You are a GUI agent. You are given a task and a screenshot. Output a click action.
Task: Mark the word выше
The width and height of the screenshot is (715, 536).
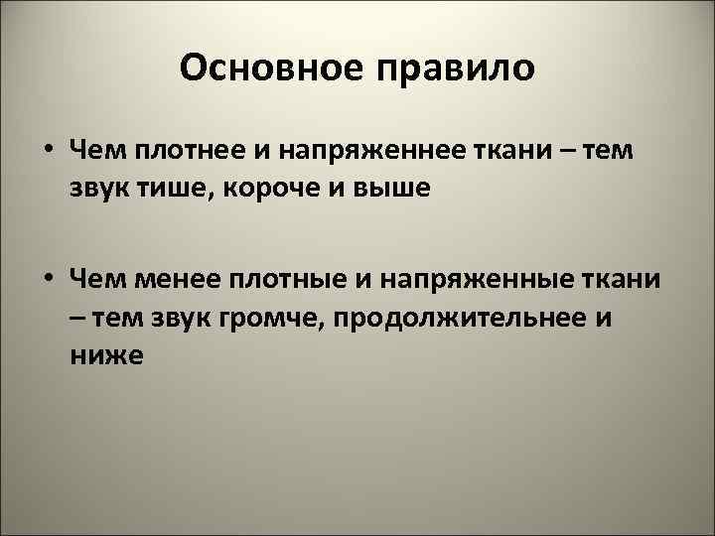tap(396, 189)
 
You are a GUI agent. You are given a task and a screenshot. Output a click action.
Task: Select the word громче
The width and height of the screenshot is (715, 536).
tap(249, 318)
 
